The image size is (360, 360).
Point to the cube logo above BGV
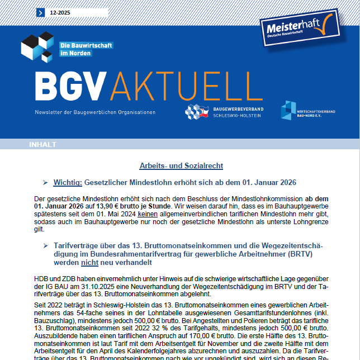(37, 47)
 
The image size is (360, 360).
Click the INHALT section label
(42, 144)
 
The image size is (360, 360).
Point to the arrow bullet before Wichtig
(45, 182)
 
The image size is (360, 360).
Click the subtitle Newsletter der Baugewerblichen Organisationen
(94, 112)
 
